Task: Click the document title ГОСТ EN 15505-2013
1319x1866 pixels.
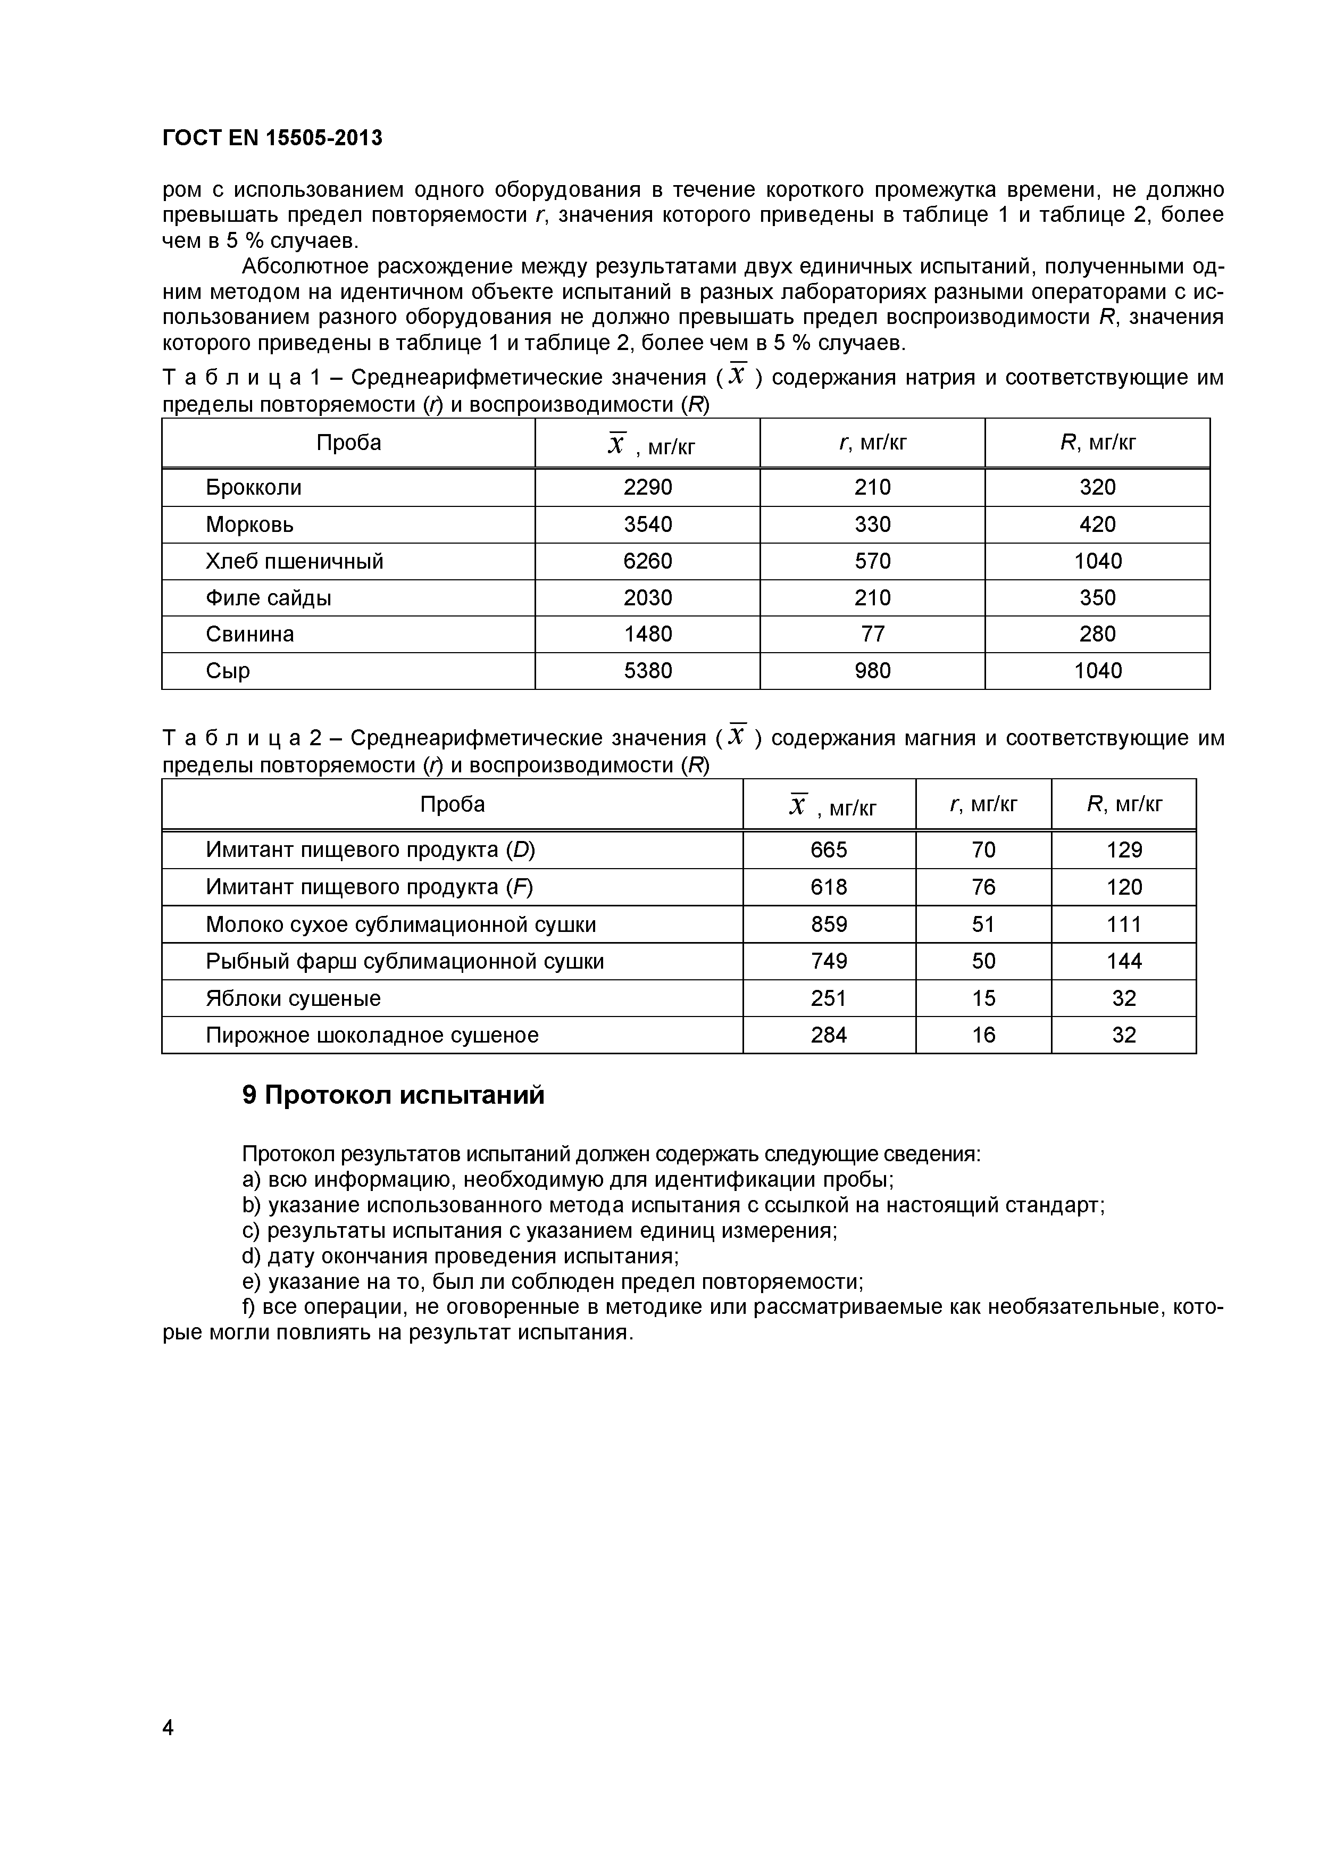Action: pyautogui.click(x=272, y=138)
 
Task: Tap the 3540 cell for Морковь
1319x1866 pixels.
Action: pyautogui.click(x=648, y=524)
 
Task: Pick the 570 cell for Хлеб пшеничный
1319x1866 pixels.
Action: pyautogui.click(x=873, y=561)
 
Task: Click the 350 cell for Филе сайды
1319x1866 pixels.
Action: pyautogui.click(x=1097, y=597)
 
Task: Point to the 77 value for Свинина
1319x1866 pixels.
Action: pyautogui.click(x=873, y=634)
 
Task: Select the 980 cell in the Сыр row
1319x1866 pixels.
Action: pyautogui.click(x=873, y=670)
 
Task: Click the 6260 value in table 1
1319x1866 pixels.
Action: pyautogui.click(x=648, y=561)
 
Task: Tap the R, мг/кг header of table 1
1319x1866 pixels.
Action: pyautogui.click(x=1097, y=443)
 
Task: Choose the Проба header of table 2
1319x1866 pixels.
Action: pyautogui.click(x=453, y=805)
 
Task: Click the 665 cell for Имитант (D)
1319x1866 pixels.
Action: pyautogui.click(x=829, y=850)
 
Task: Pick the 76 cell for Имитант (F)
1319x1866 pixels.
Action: pyautogui.click(x=983, y=887)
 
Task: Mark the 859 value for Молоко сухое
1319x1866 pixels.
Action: pyautogui.click(x=829, y=924)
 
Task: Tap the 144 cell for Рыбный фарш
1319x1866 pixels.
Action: pyautogui.click(x=1124, y=961)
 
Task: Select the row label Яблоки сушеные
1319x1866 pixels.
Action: pyautogui.click(x=293, y=998)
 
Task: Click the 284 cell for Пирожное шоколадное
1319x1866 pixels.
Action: pyautogui.click(x=829, y=1036)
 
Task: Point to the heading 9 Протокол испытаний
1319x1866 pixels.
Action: pyautogui.click(x=394, y=1096)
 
